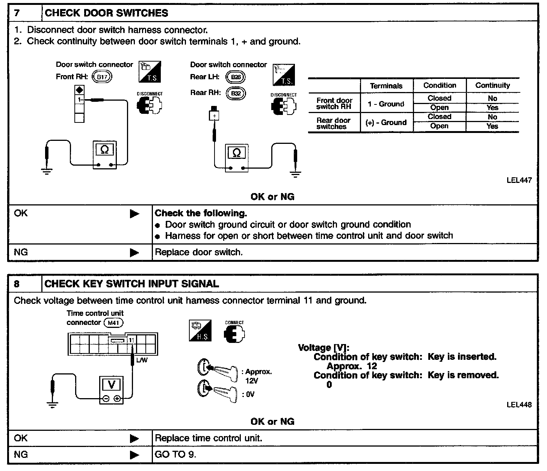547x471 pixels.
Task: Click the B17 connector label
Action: (102, 77)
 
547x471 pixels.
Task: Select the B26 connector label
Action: (235, 77)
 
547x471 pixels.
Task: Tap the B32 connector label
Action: (235, 93)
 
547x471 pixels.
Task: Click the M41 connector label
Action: (113, 323)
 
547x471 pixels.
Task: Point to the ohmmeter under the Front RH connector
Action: (105, 155)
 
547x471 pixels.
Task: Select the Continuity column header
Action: (493, 85)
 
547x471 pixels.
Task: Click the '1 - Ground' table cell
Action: (386, 104)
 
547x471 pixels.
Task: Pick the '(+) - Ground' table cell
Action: (386, 122)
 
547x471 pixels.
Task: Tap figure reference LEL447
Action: (519, 180)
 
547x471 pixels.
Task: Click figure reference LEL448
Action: (519, 405)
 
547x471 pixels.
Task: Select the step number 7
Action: (17, 13)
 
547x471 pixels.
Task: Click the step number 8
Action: (17, 284)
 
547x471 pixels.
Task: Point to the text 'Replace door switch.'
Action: (199, 252)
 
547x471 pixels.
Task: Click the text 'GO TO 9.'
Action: (175, 454)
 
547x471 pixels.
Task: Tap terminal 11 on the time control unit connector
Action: (131, 340)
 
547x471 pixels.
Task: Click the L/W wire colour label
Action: (142, 361)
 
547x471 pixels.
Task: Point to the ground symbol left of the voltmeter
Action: (52, 405)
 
